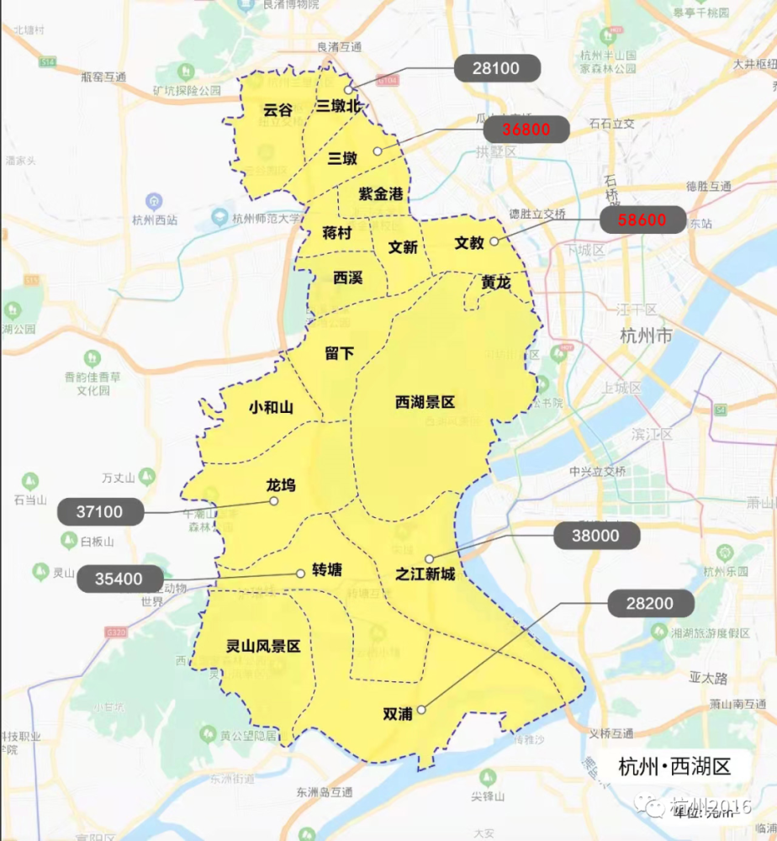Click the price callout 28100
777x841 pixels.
click(x=496, y=69)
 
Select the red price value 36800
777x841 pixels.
click(x=526, y=130)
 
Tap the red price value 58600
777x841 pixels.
click(x=642, y=220)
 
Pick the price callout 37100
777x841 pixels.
click(x=100, y=511)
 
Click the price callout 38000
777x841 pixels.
click(x=597, y=536)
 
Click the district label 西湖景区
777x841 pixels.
click(x=425, y=403)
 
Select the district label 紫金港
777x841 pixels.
click(x=381, y=194)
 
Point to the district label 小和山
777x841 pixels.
click(x=271, y=408)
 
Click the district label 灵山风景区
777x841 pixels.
click(x=262, y=647)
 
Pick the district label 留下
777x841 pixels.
click(x=339, y=354)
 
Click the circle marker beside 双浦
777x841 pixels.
click(x=421, y=709)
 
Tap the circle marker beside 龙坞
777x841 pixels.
click(x=273, y=501)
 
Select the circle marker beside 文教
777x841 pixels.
click(x=494, y=242)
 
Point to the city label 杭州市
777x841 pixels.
click(x=645, y=336)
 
